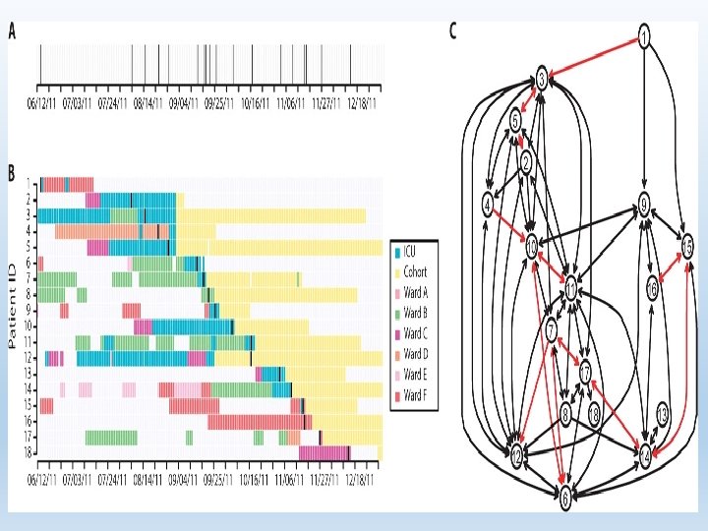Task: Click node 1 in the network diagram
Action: click(x=644, y=38)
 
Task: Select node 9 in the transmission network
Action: click(x=644, y=205)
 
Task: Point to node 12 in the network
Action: click(x=516, y=456)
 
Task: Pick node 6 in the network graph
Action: click(x=565, y=499)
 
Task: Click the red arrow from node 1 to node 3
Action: click(x=591, y=56)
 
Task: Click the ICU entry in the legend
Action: click(x=414, y=251)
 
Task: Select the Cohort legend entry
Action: click(x=417, y=271)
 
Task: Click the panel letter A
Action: click(x=13, y=30)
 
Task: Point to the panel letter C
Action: click(x=453, y=30)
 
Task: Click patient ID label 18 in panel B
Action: click(x=30, y=452)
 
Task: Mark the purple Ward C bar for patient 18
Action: click(x=325, y=452)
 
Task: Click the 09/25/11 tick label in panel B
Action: click(x=221, y=482)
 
